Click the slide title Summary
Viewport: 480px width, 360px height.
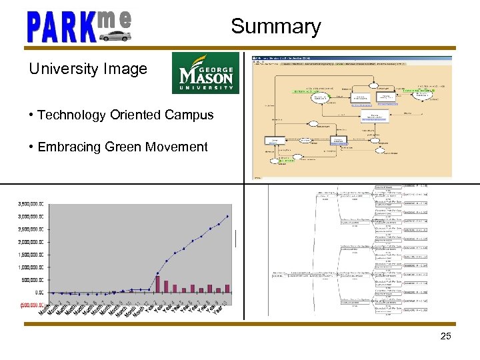[x=276, y=27]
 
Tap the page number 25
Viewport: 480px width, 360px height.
[x=446, y=337]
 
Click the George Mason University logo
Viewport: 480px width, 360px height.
[x=205, y=73]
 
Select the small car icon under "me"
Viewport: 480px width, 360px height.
[x=115, y=35]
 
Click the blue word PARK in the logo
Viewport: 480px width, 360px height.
[x=60, y=28]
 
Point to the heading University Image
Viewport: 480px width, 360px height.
[x=88, y=69]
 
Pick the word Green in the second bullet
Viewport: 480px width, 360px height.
[x=121, y=147]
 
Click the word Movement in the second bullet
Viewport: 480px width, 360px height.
[x=175, y=147]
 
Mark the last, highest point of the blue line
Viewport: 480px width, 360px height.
[x=227, y=216]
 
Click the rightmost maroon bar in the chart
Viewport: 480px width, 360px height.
[x=227, y=289]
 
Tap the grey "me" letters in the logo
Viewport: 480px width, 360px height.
[x=114, y=19]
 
